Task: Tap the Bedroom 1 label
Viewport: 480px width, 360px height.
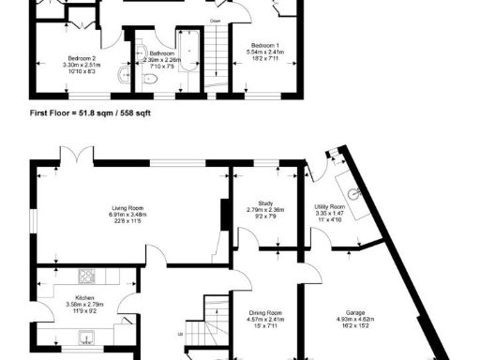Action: (x=263, y=45)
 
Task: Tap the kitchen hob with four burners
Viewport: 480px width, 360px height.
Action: (x=87, y=276)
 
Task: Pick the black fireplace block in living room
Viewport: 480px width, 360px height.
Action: (x=224, y=215)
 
